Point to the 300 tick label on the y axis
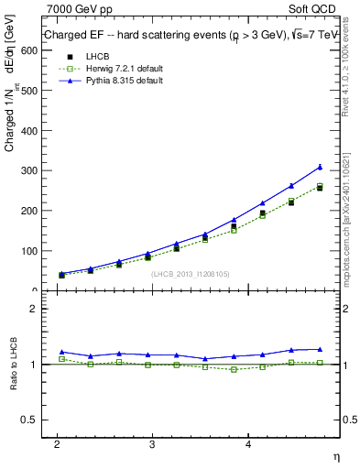(x=27, y=170)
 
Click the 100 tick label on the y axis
(x=27, y=251)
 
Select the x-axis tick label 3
(x=152, y=442)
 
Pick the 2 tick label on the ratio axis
(x=33, y=309)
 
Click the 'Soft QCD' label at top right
(x=313, y=10)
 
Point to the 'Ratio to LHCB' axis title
(x=14, y=364)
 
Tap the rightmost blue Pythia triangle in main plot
(x=320, y=167)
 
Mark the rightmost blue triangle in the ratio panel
(x=320, y=349)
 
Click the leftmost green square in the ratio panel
(x=61, y=359)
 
